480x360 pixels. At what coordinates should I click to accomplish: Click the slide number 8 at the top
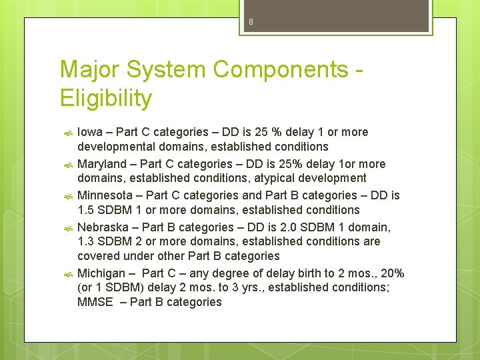pyautogui.click(x=251, y=22)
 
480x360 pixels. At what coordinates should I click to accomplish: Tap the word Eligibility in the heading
pyautogui.click(x=106, y=99)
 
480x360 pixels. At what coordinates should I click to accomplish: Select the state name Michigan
pyautogui.click(x=101, y=273)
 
